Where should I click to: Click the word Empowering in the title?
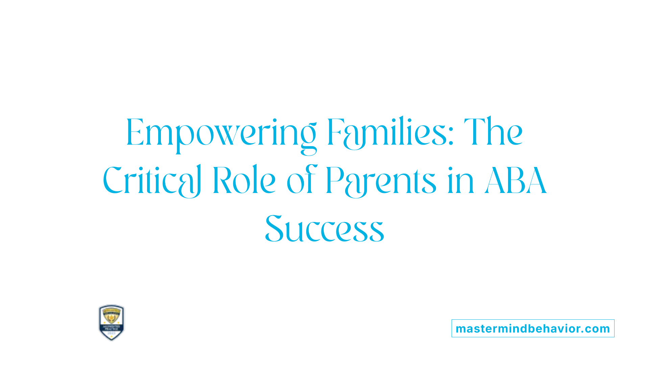[x=221, y=133]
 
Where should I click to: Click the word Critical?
[x=152, y=181]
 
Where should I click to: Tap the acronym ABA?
[x=516, y=181]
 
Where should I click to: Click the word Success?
[x=324, y=229]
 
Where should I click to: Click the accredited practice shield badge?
[x=111, y=322]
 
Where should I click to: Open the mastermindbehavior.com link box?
[x=533, y=328]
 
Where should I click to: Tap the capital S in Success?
[x=274, y=229]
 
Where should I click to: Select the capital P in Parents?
[x=335, y=180]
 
